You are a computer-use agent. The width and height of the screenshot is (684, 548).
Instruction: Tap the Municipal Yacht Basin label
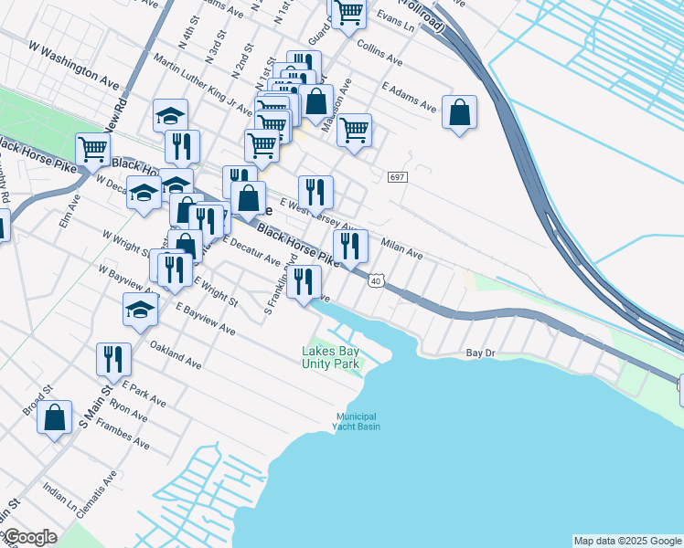[x=357, y=421]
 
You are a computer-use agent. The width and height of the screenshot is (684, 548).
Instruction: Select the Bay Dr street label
[x=480, y=353]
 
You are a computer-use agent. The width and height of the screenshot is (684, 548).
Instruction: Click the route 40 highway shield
[x=376, y=281]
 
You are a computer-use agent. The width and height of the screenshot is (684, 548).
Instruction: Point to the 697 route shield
[x=396, y=176]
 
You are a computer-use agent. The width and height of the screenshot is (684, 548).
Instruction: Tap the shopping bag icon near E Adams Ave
[x=460, y=113]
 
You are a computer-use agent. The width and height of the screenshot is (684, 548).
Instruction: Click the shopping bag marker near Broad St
[x=55, y=417]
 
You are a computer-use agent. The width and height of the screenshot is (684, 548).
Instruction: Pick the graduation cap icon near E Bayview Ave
[x=140, y=310]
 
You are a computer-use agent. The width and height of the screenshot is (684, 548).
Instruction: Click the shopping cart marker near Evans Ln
[x=348, y=14]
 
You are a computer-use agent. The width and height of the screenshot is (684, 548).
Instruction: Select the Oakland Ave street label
[x=176, y=355]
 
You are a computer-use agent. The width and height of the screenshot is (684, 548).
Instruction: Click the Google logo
[x=29, y=537]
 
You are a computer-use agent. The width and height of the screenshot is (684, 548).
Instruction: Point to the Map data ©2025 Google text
[x=627, y=541]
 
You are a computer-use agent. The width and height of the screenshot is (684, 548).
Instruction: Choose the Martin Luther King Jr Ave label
[x=203, y=84]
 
